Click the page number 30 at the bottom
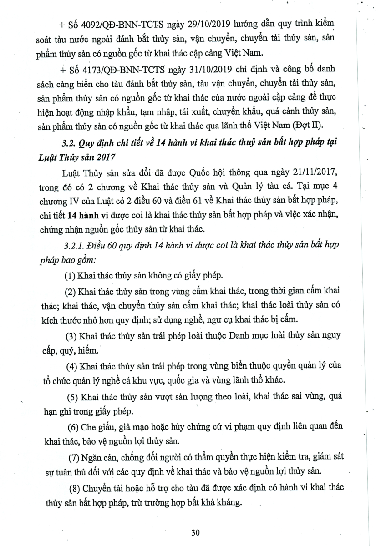(x=196, y=532)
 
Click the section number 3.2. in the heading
(x=69, y=143)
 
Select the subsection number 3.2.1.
(x=75, y=246)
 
